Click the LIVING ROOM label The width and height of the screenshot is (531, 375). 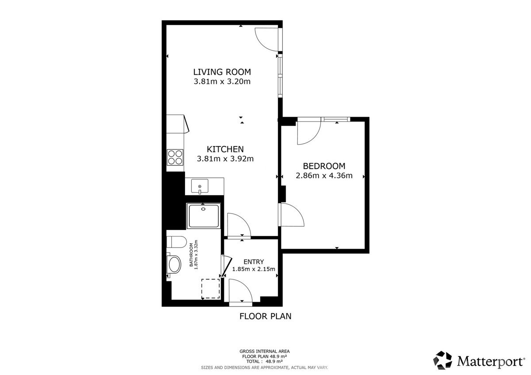pyautogui.click(x=222, y=72)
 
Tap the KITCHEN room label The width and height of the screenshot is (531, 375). pyautogui.click(x=225, y=149)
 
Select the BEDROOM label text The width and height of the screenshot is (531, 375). pyautogui.click(x=324, y=166)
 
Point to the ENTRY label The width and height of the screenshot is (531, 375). pyautogui.click(x=254, y=262)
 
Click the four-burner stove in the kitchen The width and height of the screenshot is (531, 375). pyautogui.click(x=175, y=157)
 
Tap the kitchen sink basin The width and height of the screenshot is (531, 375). pyautogui.click(x=200, y=186)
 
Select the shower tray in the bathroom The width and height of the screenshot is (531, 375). pyautogui.click(x=204, y=216)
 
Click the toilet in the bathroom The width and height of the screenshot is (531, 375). pyautogui.click(x=177, y=242)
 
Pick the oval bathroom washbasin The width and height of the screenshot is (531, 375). pyautogui.click(x=174, y=264)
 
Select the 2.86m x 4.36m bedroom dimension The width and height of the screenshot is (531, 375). pyautogui.click(x=324, y=176)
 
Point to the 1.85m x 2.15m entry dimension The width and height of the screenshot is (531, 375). pyautogui.click(x=254, y=269)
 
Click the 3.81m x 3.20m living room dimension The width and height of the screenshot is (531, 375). pyautogui.click(x=222, y=81)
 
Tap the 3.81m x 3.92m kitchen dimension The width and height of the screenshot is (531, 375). pyautogui.click(x=225, y=159)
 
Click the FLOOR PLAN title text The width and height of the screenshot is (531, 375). pyautogui.click(x=265, y=316)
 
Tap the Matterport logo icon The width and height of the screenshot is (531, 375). pyautogui.click(x=442, y=360)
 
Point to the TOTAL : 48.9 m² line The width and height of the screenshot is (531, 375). pyautogui.click(x=265, y=361)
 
